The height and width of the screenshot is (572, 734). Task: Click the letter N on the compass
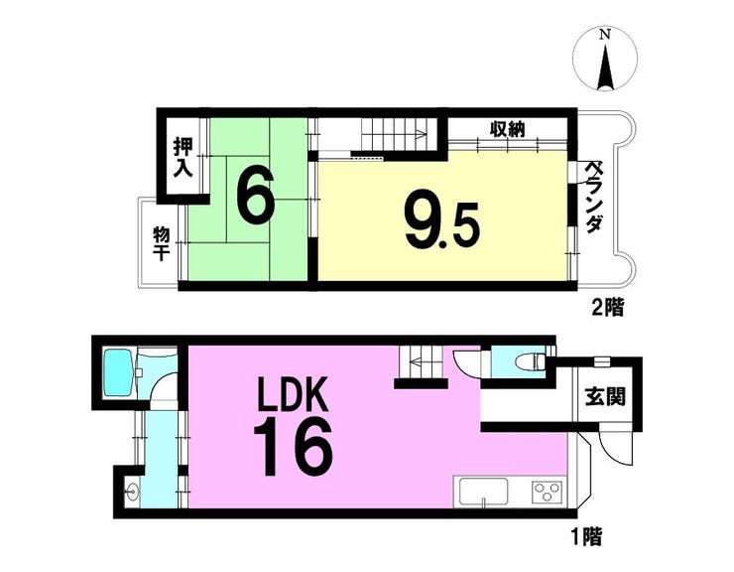point(606,35)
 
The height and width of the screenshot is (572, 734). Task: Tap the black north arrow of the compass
point(606,68)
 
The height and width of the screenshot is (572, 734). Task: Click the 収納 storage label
point(508,129)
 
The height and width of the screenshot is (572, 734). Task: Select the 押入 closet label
point(183,158)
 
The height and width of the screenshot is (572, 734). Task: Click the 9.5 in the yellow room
point(442,226)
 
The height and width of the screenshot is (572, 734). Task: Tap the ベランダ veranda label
point(594,197)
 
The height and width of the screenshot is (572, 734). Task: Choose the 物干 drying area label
point(162,244)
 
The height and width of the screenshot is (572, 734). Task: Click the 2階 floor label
point(607,308)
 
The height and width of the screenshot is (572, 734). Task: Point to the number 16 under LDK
point(293,447)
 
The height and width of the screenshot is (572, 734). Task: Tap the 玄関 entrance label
point(605,398)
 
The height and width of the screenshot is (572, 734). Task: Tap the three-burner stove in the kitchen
point(548,493)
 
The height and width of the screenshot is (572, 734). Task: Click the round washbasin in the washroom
point(131,493)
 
